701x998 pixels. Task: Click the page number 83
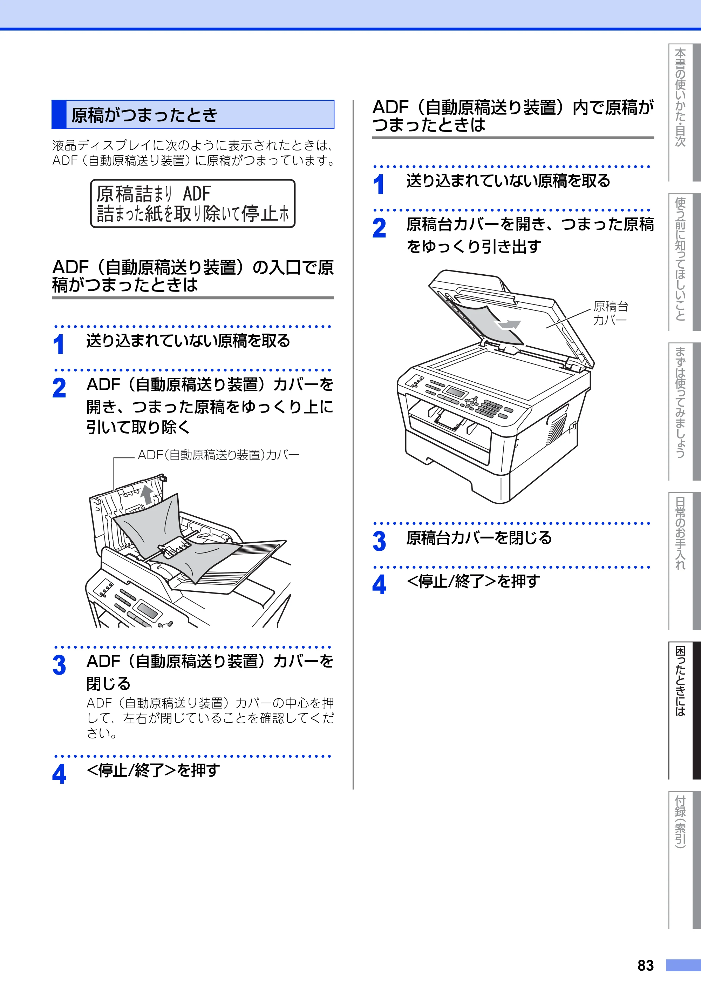point(645,965)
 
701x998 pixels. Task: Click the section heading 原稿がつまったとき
point(144,115)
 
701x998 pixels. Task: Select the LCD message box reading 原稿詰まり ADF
point(192,203)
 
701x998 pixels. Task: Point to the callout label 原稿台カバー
point(611,313)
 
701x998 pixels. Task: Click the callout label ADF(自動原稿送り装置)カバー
point(218,455)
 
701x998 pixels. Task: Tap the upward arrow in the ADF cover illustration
point(147,495)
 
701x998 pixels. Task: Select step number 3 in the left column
point(59,665)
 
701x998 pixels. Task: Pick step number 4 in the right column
point(379,585)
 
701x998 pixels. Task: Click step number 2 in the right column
point(379,228)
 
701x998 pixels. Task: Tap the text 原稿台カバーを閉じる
point(479,538)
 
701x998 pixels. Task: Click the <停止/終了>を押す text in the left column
point(153,770)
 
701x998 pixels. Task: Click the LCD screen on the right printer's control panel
point(456,392)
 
